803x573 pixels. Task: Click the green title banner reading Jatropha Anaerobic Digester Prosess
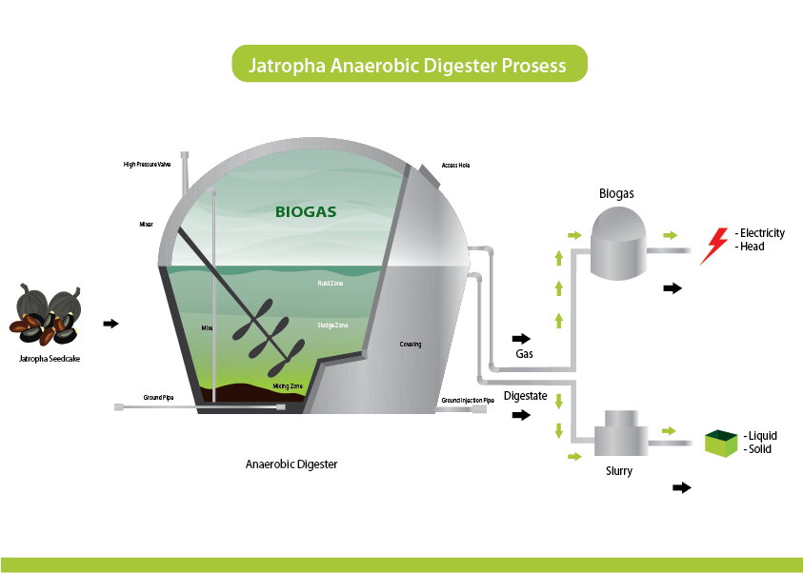(x=409, y=66)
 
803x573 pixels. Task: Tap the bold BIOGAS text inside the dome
(x=305, y=211)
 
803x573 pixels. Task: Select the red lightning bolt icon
(x=714, y=245)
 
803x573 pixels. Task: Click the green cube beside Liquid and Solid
(x=721, y=443)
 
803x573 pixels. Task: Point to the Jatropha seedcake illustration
(x=50, y=315)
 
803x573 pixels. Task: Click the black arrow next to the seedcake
(x=110, y=324)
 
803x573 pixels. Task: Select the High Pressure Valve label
(x=147, y=165)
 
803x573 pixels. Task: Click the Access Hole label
(x=456, y=165)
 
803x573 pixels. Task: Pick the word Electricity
(x=762, y=233)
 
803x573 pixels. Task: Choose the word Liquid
(x=760, y=436)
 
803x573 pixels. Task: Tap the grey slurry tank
(x=620, y=435)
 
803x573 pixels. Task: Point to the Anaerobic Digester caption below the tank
(x=291, y=464)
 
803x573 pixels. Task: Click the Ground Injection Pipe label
(x=468, y=401)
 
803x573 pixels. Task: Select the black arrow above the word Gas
(x=522, y=338)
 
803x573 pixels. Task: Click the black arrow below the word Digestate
(x=521, y=415)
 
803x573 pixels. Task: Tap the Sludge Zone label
(x=332, y=326)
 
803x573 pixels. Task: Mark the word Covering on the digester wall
(x=411, y=345)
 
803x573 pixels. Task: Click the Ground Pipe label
(x=157, y=396)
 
